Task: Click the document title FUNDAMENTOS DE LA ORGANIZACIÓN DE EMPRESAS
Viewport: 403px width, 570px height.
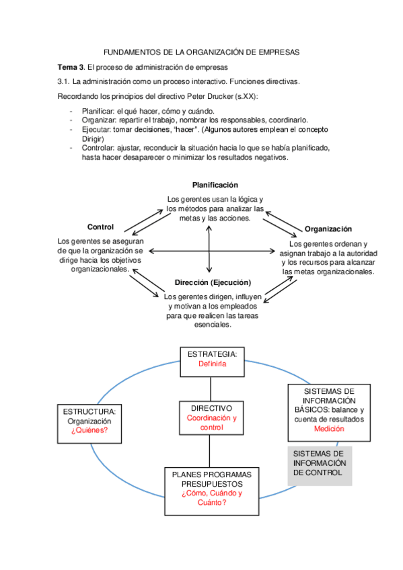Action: tap(201, 52)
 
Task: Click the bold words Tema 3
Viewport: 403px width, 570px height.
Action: tap(71, 67)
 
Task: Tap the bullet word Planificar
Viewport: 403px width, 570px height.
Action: tap(98, 111)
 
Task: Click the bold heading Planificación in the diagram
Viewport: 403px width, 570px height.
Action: tap(215, 185)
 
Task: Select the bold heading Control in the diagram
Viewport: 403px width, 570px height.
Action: tap(100, 227)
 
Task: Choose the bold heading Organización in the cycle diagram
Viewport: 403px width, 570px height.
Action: tap(328, 229)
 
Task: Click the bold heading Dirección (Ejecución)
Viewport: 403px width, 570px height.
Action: tap(213, 282)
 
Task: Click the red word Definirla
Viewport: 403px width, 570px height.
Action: tap(212, 364)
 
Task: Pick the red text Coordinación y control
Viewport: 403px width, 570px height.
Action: tap(211, 423)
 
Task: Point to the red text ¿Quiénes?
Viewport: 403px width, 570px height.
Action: tap(89, 431)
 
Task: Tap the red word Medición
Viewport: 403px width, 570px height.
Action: tap(328, 429)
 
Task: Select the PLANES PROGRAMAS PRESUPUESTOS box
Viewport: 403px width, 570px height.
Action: tap(211, 491)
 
